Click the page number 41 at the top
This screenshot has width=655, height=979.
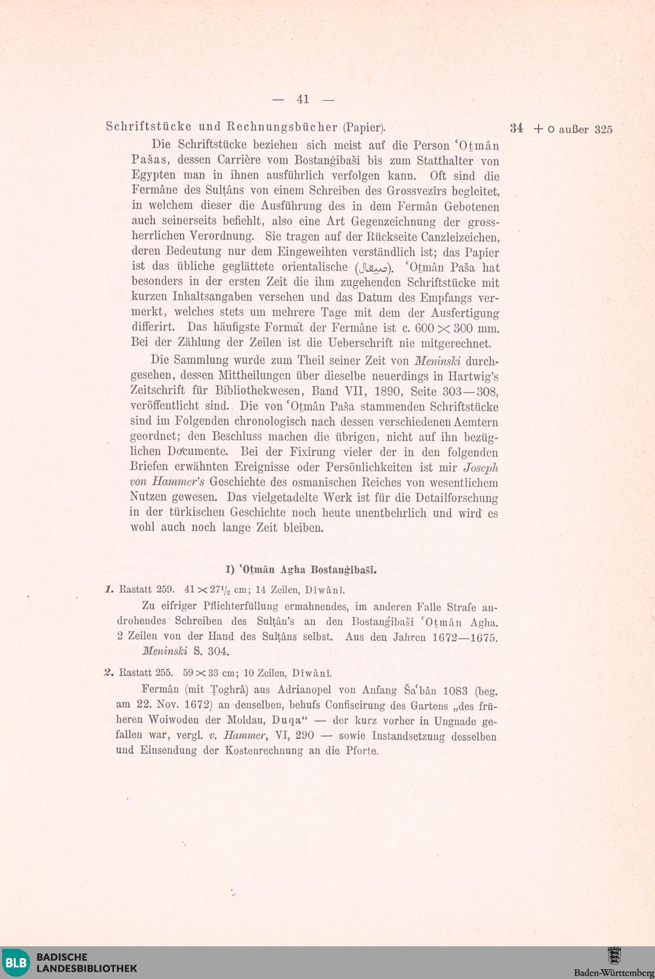(x=303, y=99)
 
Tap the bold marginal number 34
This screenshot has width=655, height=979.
(x=517, y=128)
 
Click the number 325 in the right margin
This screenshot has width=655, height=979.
(x=603, y=130)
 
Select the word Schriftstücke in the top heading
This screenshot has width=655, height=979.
(x=149, y=127)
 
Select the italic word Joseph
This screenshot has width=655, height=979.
(x=481, y=468)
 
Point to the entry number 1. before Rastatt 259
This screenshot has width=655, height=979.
(x=109, y=589)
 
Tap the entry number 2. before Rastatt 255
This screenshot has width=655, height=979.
(x=109, y=673)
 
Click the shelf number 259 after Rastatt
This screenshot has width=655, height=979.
(x=165, y=589)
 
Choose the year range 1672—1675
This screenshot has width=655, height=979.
(x=465, y=637)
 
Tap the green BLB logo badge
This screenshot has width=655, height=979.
(x=16, y=963)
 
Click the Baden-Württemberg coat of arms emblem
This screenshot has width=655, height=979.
(x=614, y=956)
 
